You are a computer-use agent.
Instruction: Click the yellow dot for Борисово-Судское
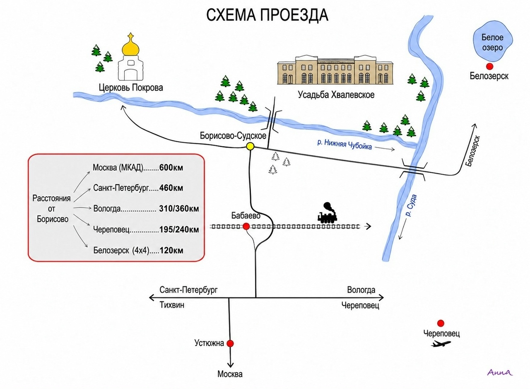pyautogui.click(x=250, y=146)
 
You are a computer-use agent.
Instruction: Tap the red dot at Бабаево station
pyautogui.click(x=246, y=226)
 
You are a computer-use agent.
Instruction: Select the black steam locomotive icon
pyautogui.click(x=327, y=213)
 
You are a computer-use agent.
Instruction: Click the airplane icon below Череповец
pyautogui.click(x=441, y=343)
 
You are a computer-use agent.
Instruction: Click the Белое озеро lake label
pyautogui.click(x=492, y=43)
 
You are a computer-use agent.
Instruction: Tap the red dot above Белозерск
pyautogui.click(x=489, y=67)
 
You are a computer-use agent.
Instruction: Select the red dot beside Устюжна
pyautogui.click(x=230, y=343)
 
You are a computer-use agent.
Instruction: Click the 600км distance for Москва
pyautogui.click(x=171, y=168)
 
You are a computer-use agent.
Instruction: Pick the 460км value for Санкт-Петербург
pyautogui.click(x=171, y=188)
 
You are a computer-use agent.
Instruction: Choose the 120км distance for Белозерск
pyautogui.click(x=171, y=251)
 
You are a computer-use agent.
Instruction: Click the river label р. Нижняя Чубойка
pyautogui.click(x=344, y=145)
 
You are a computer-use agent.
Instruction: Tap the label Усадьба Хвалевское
pyautogui.click(x=336, y=95)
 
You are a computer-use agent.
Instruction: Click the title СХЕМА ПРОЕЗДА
pyautogui.click(x=267, y=15)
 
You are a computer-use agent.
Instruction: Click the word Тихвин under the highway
pyautogui.click(x=172, y=305)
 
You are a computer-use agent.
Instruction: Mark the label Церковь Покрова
pyautogui.click(x=131, y=87)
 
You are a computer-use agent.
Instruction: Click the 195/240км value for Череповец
pyautogui.click(x=179, y=230)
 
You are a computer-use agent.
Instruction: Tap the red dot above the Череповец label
pyautogui.click(x=441, y=323)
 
